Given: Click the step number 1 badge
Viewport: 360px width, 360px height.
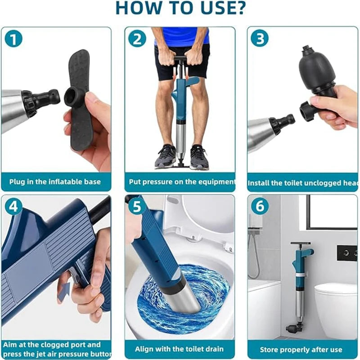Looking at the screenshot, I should pos(13,39).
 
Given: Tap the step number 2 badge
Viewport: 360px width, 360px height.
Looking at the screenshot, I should pos(136,39).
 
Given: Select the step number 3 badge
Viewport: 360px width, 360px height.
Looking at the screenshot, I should pos(259,39).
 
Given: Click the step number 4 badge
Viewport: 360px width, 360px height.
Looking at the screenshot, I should pos(13,207).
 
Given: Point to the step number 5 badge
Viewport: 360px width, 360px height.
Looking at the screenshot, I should pos(136,207).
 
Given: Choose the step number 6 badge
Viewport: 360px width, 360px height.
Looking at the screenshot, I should pos(259,207).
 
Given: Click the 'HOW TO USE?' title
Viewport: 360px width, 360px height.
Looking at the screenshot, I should pos(180,8).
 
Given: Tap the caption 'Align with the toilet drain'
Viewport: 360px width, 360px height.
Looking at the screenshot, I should pos(180,349).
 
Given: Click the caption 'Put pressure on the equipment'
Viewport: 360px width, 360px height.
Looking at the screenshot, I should pos(180,182).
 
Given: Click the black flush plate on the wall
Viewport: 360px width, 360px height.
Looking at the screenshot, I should pos(347,253).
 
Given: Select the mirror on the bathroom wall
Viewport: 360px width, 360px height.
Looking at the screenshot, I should pos(333,211).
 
